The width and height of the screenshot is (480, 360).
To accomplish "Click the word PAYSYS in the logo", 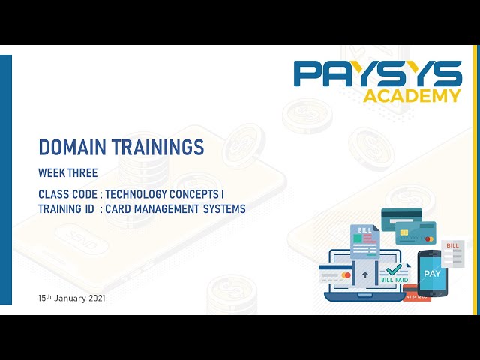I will click(x=377, y=74).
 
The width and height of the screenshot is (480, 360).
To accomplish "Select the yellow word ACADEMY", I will click(x=412, y=95).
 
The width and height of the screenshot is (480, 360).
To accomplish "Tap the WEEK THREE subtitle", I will click(x=68, y=173).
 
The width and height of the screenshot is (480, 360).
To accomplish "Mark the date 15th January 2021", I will click(x=72, y=298).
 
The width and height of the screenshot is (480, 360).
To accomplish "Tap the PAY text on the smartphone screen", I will click(x=432, y=273).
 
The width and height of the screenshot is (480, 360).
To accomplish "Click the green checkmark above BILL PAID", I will click(x=393, y=268).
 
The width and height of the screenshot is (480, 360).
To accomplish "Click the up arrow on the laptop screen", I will click(x=365, y=275).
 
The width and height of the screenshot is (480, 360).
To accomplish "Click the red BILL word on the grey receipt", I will click(x=452, y=245).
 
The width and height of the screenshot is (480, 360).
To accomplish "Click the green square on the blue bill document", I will click(x=358, y=244).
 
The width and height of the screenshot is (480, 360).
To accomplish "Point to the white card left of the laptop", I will click(x=335, y=275).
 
